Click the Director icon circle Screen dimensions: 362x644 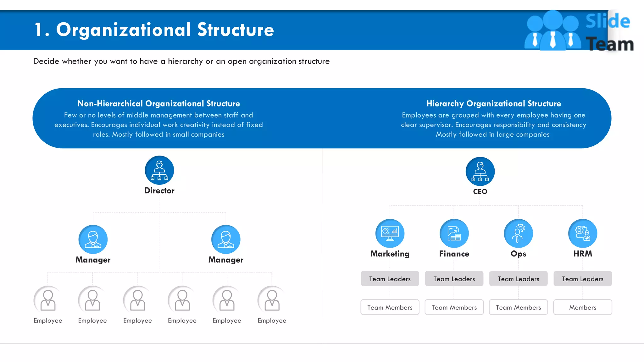pyautogui.click(x=159, y=170)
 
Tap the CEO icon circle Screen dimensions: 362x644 pyautogui.click(x=480, y=171)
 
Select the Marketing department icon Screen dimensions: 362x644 pyautogui.click(x=390, y=233)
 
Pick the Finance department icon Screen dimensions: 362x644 pyautogui.click(x=454, y=233)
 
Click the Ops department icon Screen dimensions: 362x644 pyautogui.click(x=518, y=233)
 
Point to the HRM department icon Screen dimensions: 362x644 pyautogui.click(x=582, y=233)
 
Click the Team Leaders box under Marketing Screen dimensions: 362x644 pyautogui.click(x=390, y=279)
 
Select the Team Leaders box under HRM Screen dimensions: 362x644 pyautogui.click(x=582, y=279)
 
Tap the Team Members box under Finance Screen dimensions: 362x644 pyautogui.click(x=454, y=307)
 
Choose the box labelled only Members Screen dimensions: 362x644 pyautogui.click(x=582, y=307)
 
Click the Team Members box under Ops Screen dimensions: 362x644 pyautogui.click(x=518, y=307)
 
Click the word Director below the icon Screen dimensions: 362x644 pyautogui.click(x=159, y=191)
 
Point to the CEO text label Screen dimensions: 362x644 pyautogui.click(x=480, y=192)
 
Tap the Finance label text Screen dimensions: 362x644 pyautogui.click(x=454, y=254)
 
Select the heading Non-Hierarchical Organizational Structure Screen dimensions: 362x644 pyautogui.click(x=158, y=104)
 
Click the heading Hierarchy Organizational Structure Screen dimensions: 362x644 pyautogui.click(x=493, y=104)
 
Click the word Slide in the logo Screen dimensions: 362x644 pyautogui.click(x=608, y=21)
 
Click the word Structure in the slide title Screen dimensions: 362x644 pyautogui.click(x=236, y=30)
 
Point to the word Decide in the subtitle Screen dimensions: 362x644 pyautogui.click(x=46, y=61)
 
